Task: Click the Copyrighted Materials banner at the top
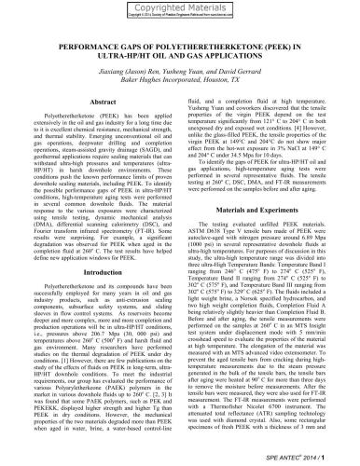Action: tap(179, 10)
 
